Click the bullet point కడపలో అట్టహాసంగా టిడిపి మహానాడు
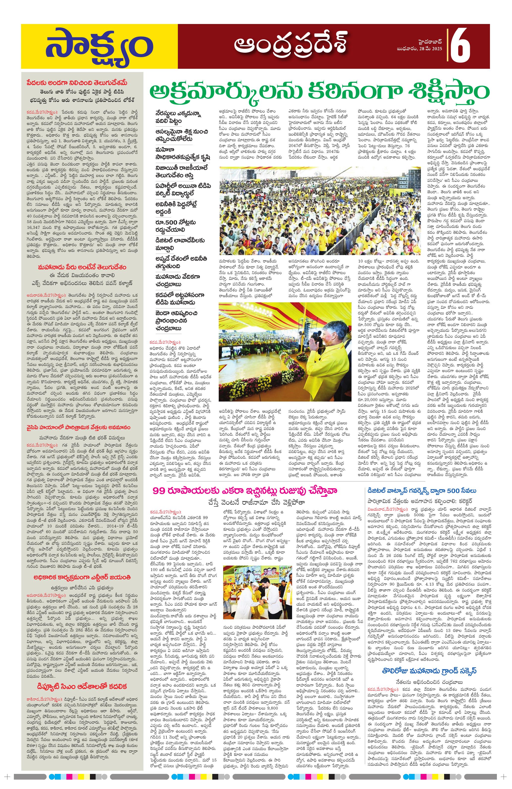(x=180, y=299)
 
